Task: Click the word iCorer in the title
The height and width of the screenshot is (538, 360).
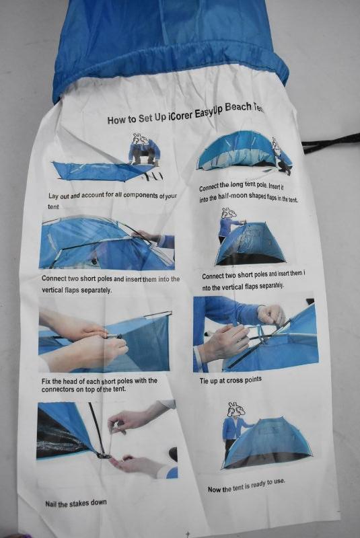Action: pos(180,115)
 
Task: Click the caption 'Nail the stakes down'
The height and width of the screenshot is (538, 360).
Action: pos(76,503)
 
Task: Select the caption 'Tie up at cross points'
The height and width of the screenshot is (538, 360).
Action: pos(231,380)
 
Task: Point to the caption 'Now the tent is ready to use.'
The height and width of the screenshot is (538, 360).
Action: pos(246,485)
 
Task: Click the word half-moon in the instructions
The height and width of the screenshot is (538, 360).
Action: pos(235,198)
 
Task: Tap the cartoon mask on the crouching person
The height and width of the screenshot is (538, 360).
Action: pos(141,140)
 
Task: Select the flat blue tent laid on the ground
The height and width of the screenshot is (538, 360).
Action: pos(98,171)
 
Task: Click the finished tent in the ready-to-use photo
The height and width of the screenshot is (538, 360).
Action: pos(268,443)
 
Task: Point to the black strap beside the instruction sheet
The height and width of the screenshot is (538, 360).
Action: pos(330,144)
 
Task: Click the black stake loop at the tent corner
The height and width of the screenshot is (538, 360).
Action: pos(104,455)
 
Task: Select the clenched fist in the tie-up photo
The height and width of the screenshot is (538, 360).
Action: pos(271,315)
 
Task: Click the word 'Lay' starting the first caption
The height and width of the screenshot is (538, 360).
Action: pos(54,196)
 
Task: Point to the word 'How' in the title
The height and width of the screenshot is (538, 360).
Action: pos(116,120)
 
